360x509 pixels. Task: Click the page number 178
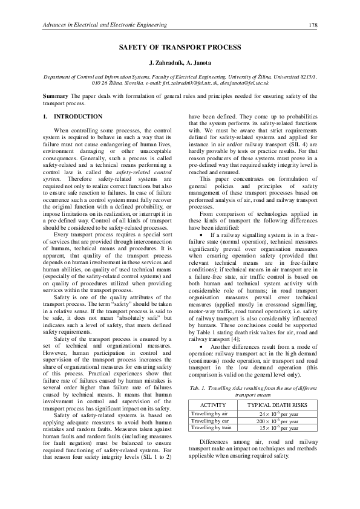tap(313, 25)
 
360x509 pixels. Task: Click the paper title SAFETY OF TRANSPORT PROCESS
tap(180, 47)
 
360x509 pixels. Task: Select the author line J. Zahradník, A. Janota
tap(180, 63)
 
